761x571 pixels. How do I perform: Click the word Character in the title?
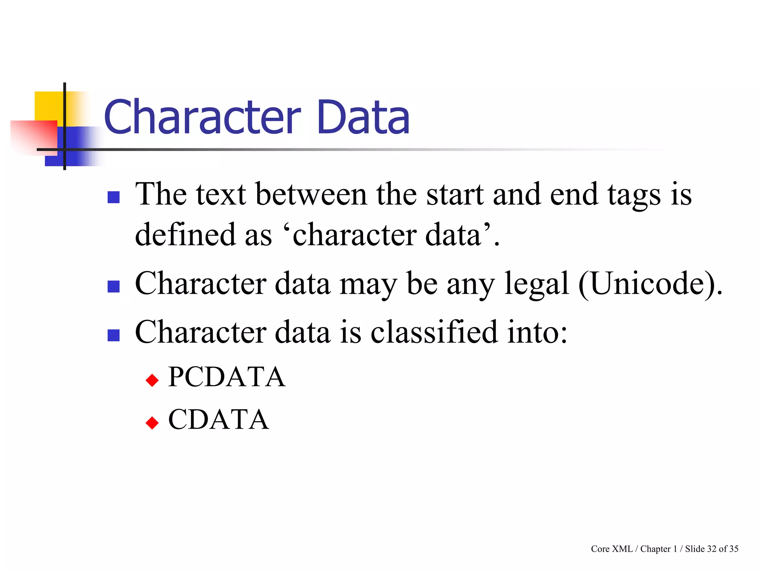(203, 117)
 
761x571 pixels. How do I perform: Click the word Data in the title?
(363, 117)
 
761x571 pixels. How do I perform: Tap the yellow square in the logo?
(48, 106)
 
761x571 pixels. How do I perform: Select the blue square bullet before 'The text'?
(113, 197)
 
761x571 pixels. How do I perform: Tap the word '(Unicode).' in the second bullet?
(651, 284)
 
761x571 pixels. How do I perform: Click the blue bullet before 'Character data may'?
(113, 286)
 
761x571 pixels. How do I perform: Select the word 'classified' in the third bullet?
(434, 332)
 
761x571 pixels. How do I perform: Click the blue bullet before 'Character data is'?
(113, 335)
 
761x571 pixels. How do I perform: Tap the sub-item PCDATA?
(227, 377)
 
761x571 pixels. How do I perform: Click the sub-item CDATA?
(218, 419)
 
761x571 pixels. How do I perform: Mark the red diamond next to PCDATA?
(152, 380)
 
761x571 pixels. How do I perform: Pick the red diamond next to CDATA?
(152, 423)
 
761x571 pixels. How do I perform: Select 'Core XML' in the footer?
(612, 549)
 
